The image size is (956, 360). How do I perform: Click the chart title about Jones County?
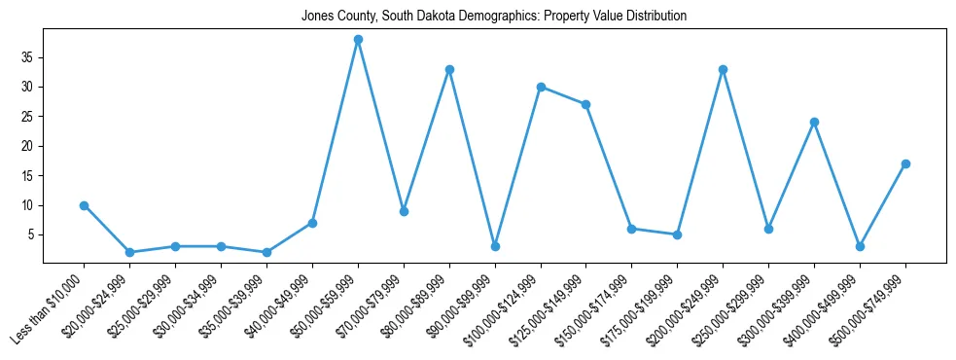tap(494, 17)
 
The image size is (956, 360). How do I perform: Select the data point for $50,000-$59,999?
tap(358, 40)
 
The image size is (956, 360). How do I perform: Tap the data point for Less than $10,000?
tap(84, 205)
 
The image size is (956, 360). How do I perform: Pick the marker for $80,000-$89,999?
tap(449, 69)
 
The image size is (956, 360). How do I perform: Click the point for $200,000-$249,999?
tap(723, 69)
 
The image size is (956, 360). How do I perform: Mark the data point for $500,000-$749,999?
tap(905, 163)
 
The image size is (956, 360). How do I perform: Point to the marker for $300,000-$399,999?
tap(814, 123)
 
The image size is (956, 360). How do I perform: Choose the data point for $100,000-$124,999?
tap(541, 87)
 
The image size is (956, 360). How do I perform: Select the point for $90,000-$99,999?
tap(495, 246)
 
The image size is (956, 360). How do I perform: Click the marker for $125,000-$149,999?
tap(586, 104)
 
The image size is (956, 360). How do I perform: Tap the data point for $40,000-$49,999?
tap(312, 223)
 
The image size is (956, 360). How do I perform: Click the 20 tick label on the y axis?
tap(28, 146)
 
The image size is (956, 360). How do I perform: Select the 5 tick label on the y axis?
tap(32, 234)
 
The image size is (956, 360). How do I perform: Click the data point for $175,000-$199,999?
tap(677, 234)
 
